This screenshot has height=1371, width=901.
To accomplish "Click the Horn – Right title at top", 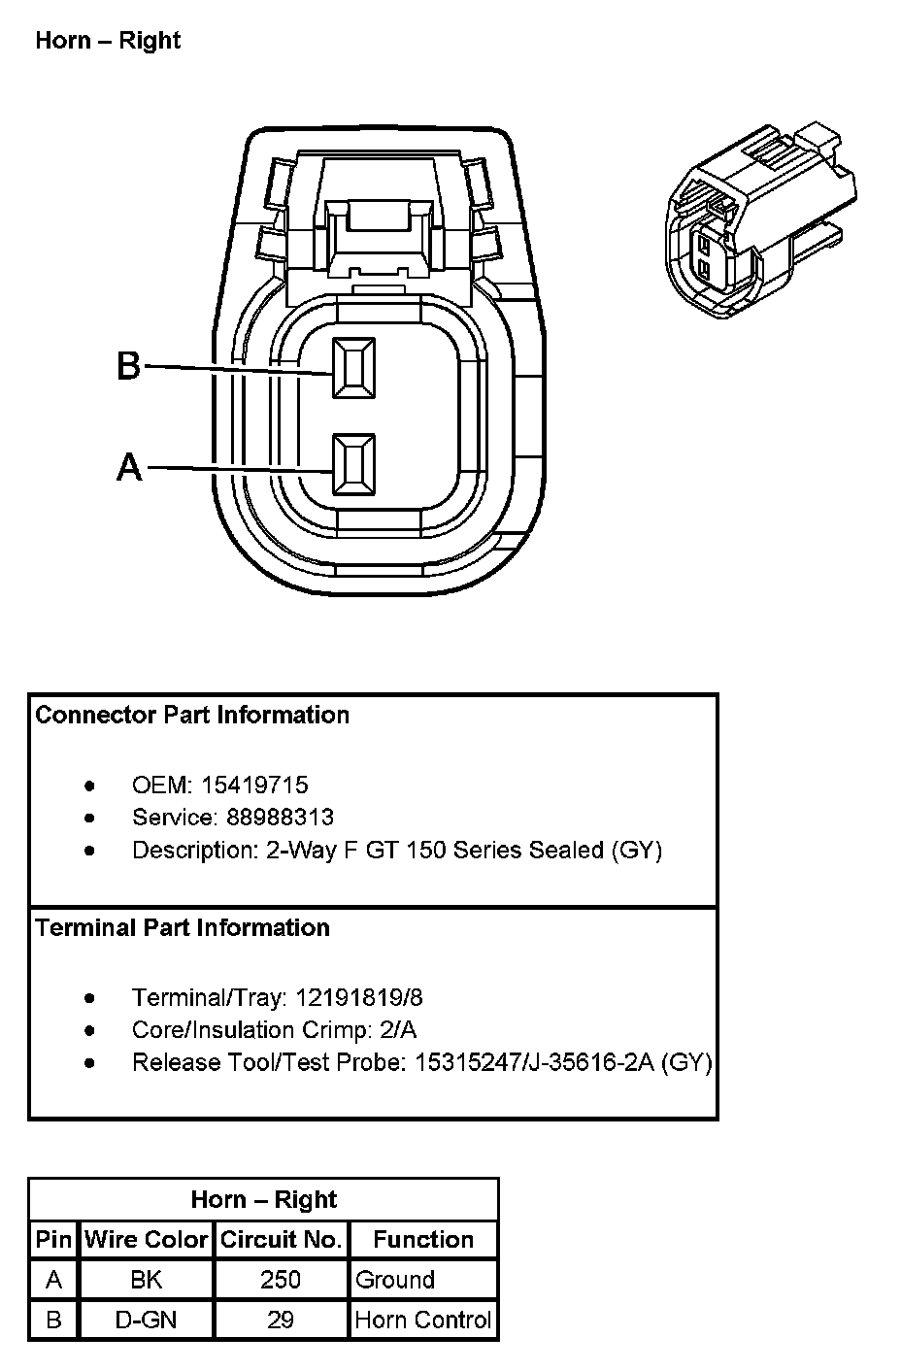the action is pos(108,41).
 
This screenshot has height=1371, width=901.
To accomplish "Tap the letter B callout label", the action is pos(128,367).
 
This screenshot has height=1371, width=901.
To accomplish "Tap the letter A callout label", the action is pos(129,468).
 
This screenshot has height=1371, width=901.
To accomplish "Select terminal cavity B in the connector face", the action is pos(353,368).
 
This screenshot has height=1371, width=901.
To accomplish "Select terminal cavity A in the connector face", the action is pos(353,465).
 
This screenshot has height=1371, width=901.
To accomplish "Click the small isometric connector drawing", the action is pos(760,222).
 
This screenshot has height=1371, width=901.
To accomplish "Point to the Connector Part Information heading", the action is pos(192,716).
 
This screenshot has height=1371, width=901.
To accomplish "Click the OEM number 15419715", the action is pos(254,785).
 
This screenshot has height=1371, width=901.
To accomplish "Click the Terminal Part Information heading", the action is pos(183,928).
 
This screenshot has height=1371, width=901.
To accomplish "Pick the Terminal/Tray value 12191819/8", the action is pos(358,997).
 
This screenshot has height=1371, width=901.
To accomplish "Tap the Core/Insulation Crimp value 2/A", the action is pos(397,1030).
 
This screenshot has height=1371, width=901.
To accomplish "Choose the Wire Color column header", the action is pos(147,1240).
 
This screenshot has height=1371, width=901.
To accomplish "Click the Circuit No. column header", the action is pos(281,1240).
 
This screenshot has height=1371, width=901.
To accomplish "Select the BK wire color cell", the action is pos(147,1280).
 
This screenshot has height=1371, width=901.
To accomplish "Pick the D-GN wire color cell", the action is pos(147,1321).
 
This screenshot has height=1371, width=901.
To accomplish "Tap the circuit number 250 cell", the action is pos(281,1280).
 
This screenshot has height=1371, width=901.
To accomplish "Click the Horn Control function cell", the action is pos(423,1321).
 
